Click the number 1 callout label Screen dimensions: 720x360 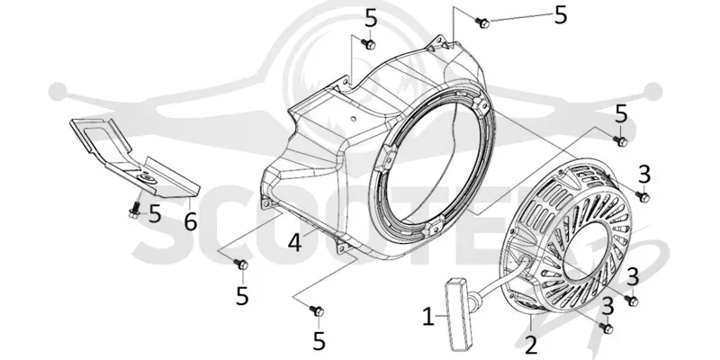point(428,317)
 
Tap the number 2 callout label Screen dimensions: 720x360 point(531,346)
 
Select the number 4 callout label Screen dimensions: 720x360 point(295,243)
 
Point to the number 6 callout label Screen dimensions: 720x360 point(191,221)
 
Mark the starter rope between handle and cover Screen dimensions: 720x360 point(498,278)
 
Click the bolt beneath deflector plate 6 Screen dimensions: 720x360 point(134,210)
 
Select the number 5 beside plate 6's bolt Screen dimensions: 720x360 point(155,214)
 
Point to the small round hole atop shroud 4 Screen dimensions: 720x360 point(353,119)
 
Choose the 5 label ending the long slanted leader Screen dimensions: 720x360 point(561,15)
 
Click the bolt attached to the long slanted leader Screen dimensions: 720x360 point(483,22)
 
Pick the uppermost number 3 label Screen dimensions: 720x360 point(644,175)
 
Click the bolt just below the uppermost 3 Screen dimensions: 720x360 point(643,196)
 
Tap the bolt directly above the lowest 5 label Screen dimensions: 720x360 point(318,310)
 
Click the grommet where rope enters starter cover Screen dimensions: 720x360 point(525,263)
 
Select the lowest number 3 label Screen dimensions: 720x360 point(608,306)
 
